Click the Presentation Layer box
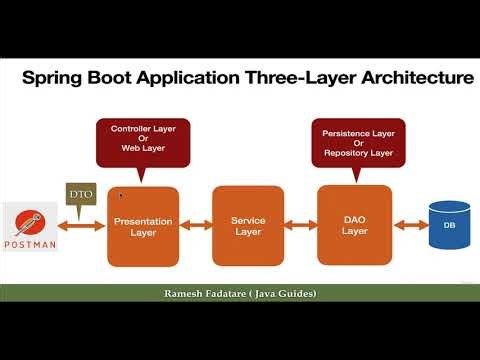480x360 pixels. click(143, 226)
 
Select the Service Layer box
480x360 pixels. click(247, 226)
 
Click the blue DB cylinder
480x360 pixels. click(448, 225)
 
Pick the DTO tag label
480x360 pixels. click(79, 194)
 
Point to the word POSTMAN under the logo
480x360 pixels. click(30, 244)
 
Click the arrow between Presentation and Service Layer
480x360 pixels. click(196, 226)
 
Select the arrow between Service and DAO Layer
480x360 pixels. click(299, 226)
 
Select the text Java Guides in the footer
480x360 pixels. click(287, 293)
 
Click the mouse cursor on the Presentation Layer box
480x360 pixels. click(121, 196)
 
